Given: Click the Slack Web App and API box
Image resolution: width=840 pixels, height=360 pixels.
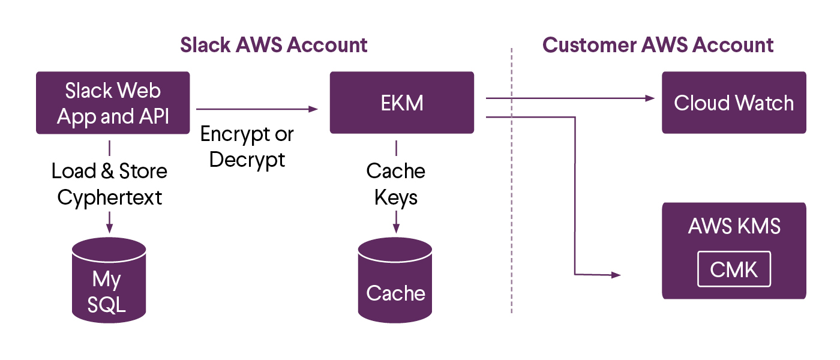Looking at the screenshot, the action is [x=113, y=103].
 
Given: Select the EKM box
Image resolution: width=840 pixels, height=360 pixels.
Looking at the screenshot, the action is [x=401, y=103].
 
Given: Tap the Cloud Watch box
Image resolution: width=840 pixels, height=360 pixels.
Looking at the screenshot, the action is [x=734, y=103].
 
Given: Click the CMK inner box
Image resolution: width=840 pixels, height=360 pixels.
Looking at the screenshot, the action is [x=734, y=269].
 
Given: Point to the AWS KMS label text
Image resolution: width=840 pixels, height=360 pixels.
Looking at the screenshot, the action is [x=734, y=226].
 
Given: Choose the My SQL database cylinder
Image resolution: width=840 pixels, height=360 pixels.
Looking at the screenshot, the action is [x=109, y=280].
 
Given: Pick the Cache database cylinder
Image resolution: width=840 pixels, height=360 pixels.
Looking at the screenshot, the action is [x=395, y=280].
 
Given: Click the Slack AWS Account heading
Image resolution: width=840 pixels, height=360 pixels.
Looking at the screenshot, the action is [x=274, y=45].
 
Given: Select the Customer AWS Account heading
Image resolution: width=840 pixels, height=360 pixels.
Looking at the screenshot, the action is [x=658, y=45].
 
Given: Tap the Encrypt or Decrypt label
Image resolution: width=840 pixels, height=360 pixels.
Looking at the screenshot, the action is [x=247, y=147].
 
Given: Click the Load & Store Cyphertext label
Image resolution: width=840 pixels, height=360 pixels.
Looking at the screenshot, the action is [x=109, y=184].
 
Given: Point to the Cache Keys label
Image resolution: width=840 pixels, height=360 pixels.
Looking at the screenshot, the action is [x=395, y=184].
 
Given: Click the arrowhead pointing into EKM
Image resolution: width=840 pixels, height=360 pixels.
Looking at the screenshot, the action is [x=313, y=109].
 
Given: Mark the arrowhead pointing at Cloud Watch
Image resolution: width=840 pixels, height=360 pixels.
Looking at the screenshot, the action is [x=650, y=98].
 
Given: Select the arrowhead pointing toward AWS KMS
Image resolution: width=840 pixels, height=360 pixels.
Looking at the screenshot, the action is [x=616, y=275].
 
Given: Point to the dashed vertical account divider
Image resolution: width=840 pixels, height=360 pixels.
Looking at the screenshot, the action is [x=511, y=181].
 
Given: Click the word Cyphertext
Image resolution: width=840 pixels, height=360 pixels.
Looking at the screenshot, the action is [x=109, y=197].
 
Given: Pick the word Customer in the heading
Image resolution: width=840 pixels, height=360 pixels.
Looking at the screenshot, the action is [x=589, y=45].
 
